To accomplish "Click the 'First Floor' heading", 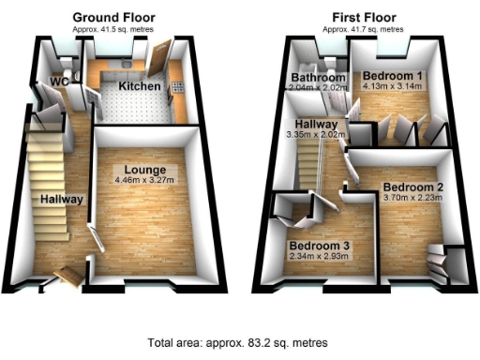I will point(364,17).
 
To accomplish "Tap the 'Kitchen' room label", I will point(140,86).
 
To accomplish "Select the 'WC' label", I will point(58,81).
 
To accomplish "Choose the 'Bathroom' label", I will point(316,76).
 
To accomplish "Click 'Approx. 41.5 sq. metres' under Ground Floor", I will point(114,29).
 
